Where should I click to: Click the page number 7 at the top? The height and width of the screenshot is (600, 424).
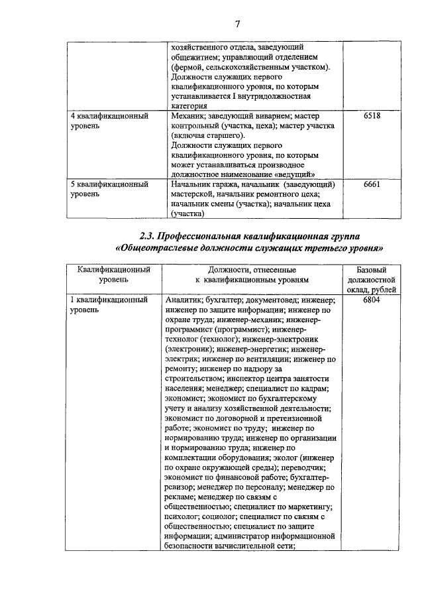point(237,24)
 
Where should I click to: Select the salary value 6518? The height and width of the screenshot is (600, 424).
point(372,115)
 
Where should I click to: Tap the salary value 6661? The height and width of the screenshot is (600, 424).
point(372,184)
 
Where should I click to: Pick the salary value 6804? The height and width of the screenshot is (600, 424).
point(372,300)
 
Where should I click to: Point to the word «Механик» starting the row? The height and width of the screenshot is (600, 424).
point(189,115)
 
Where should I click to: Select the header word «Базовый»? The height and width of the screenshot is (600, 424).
point(371,270)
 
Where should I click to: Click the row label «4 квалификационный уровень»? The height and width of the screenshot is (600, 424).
point(109,120)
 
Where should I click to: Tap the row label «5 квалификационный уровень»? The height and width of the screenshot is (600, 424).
point(109,189)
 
